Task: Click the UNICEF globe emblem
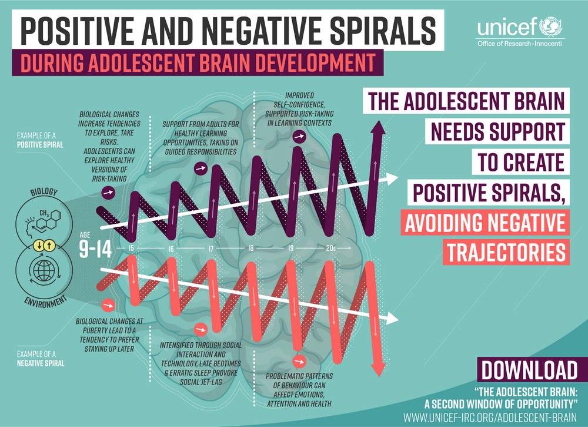tap(551, 27)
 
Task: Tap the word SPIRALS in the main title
tap(383, 31)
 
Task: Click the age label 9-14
tap(95, 249)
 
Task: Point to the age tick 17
tap(211, 249)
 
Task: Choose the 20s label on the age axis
tap(330, 248)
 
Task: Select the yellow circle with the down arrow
tap(39, 246)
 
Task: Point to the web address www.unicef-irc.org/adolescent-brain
tap(490, 418)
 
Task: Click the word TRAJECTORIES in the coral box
tap(506, 252)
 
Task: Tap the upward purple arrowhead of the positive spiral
tap(377, 128)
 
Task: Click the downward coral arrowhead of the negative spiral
tap(378, 369)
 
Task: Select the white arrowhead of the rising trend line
tap(392, 179)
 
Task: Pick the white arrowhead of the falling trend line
tap(392, 318)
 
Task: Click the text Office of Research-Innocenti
tap(519, 44)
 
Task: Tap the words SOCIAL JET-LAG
tap(201, 382)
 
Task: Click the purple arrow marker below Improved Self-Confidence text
tap(299, 137)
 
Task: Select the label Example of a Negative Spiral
tap(41, 359)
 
